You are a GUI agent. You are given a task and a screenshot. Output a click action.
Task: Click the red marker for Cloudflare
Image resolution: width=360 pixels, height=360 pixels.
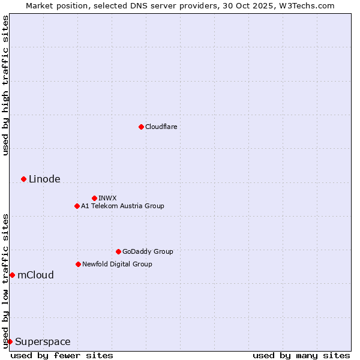[x=141, y=127]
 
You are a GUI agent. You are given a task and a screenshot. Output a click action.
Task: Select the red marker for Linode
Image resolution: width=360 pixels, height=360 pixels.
[x=23, y=179]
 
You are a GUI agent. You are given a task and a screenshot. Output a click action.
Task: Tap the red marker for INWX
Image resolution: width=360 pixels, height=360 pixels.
[x=94, y=198]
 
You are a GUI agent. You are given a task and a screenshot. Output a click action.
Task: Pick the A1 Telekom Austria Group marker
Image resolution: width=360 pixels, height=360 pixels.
[x=77, y=206]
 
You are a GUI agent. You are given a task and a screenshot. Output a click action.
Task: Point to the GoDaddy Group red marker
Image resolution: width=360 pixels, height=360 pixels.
[x=118, y=251]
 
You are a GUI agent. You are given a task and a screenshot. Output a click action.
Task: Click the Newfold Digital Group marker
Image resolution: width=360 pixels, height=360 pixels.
[x=78, y=264]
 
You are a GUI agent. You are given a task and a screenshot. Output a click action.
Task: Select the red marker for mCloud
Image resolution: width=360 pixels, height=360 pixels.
[x=12, y=275]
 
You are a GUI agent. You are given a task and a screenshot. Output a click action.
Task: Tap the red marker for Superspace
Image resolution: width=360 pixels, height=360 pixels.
[x=10, y=341]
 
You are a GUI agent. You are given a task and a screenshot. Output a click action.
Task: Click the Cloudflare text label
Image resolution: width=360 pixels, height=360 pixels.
[x=161, y=127]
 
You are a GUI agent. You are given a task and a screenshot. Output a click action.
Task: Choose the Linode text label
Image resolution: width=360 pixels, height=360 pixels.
[x=44, y=179]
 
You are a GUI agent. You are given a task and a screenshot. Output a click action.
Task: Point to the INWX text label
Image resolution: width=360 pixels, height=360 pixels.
[x=107, y=198]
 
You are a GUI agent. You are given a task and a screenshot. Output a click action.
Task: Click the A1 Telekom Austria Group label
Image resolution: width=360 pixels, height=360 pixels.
[x=122, y=206]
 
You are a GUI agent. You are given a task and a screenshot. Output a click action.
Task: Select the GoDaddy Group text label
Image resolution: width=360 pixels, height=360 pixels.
[x=148, y=251]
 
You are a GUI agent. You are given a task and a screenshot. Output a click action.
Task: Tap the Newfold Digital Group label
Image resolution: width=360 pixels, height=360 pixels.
[x=117, y=264]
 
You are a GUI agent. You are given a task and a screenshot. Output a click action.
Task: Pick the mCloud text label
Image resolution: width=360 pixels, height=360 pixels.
[x=35, y=275]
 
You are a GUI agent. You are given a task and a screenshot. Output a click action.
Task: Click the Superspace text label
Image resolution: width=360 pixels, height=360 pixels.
[x=43, y=341]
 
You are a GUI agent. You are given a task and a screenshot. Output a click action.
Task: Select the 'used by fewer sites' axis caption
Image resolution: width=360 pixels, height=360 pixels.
[x=62, y=355]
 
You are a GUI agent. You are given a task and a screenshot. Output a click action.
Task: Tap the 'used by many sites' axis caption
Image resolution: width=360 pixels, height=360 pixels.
[x=301, y=355]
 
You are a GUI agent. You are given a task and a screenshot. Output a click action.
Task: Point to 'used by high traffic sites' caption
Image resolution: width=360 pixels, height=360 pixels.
[x=5, y=86]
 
